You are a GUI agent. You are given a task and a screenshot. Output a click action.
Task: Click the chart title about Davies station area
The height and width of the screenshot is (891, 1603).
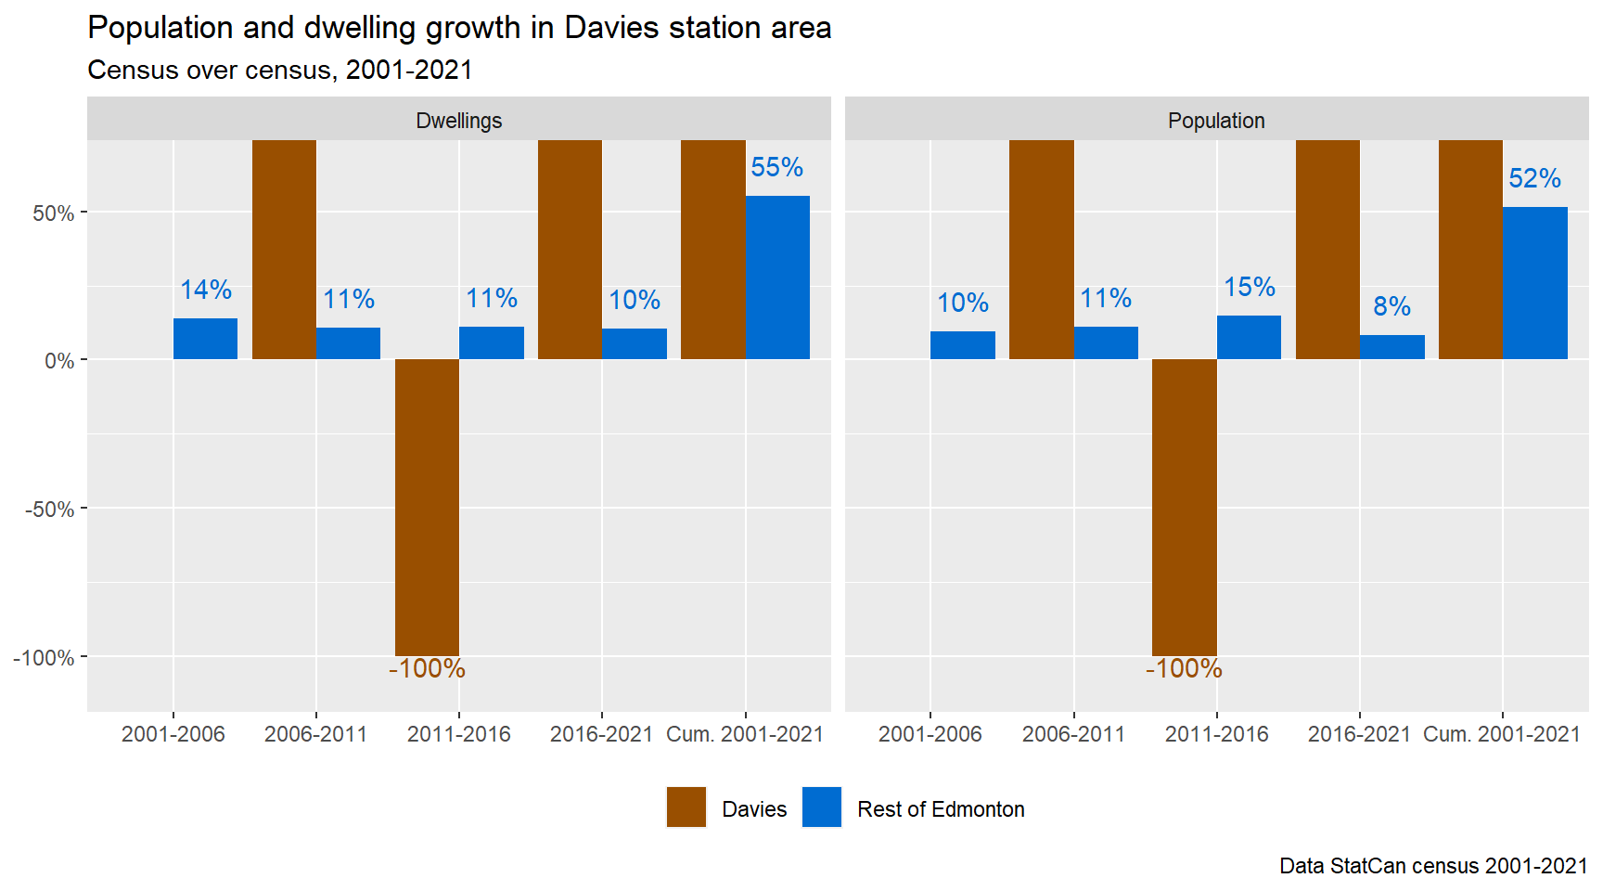459,28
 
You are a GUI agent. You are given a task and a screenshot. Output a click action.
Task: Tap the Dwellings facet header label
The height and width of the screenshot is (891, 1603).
459,121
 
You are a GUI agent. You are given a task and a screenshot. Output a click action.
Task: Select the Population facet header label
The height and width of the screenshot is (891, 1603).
1216,121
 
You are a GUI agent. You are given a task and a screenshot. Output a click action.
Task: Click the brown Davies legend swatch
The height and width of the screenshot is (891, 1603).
686,807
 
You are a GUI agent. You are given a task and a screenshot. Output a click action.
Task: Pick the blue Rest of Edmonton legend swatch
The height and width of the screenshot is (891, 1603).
822,807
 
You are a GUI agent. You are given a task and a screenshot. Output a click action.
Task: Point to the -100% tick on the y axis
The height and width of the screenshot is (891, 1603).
44,658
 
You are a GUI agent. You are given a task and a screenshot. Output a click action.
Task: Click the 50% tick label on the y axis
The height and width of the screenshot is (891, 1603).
53,213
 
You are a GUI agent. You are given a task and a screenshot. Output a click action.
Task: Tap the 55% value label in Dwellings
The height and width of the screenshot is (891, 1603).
776,167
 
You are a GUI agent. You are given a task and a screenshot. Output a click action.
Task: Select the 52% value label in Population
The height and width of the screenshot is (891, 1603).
1534,178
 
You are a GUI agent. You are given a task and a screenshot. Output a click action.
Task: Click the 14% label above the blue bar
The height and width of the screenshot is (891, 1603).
206,290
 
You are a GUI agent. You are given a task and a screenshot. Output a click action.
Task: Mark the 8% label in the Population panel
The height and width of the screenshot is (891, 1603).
1391,306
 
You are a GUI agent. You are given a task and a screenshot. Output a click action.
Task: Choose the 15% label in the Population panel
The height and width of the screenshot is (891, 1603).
1249,287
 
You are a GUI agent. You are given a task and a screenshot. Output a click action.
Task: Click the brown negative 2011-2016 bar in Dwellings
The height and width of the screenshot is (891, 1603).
427,508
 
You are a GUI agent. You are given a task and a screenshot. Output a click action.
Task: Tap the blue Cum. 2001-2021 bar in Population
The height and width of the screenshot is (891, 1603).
1534,283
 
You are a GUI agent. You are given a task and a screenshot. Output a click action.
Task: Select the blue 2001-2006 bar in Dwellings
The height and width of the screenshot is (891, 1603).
206,339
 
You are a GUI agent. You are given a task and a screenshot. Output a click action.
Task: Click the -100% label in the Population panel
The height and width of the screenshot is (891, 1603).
1184,668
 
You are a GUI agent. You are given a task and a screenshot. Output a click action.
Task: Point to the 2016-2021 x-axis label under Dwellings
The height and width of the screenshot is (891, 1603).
601,734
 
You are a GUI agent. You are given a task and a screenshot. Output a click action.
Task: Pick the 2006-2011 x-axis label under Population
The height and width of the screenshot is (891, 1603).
1073,734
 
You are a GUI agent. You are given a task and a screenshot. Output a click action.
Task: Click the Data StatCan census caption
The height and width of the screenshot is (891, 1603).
1433,866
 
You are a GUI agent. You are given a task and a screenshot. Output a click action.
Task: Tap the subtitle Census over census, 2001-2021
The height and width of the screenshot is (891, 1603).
280,71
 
